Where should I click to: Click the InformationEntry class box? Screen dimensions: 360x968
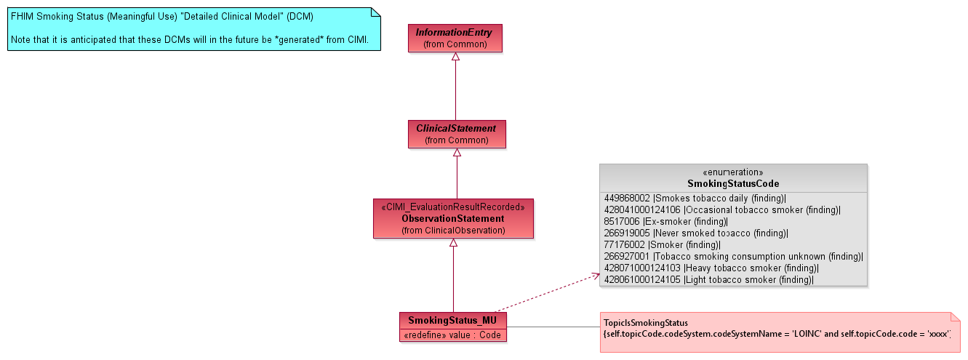pyautogui.click(x=455, y=39)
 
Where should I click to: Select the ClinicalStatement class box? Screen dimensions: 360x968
pyautogui.click(x=456, y=134)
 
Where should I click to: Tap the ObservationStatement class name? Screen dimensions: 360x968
pyautogui.click(x=452, y=218)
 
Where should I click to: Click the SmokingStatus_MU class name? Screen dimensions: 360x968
pyautogui.click(x=452, y=320)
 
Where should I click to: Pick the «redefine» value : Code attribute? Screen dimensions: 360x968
pyautogui.click(x=452, y=335)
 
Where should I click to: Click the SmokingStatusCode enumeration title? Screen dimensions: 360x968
pyautogui.click(x=733, y=183)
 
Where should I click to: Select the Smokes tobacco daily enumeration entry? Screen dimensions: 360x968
pyautogui.click(x=695, y=198)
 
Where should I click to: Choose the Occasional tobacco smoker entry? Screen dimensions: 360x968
pyautogui.click(x=721, y=209)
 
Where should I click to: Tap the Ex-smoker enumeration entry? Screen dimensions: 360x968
pyautogui.click(x=666, y=221)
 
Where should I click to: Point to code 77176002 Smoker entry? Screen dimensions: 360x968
pyautogui.click(x=662, y=244)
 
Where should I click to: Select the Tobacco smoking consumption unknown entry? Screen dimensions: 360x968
pyautogui.click(x=733, y=256)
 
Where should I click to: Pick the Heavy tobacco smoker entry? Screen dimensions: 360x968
pyautogui.click(x=711, y=268)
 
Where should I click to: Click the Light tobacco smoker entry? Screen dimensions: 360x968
pyautogui.click(x=708, y=279)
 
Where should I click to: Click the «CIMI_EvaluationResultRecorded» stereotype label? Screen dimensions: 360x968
pyautogui.click(x=452, y=207)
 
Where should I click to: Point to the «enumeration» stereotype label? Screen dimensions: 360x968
pyautogui.click(x=733, y=172)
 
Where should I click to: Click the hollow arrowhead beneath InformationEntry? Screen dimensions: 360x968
pyautogui.click(x=455, y=57)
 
